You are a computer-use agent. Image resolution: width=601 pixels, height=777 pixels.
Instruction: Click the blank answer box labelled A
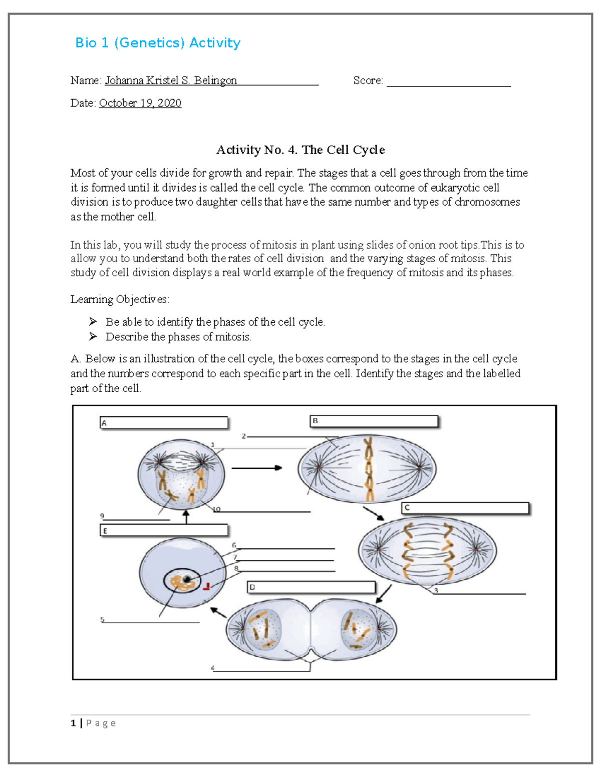click(164, 423)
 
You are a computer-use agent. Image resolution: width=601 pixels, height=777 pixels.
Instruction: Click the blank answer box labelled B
click(374, 421)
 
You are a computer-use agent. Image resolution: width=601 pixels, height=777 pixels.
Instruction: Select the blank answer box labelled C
click(465, 508)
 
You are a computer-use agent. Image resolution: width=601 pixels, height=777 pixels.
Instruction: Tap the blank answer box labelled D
click(311, 587)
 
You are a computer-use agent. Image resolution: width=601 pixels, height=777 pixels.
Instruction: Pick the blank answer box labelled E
click(164, 530)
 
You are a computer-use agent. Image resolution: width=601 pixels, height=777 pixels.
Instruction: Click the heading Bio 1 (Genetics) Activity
click(158, 43)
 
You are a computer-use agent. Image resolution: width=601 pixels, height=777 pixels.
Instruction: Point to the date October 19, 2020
click(140, 103)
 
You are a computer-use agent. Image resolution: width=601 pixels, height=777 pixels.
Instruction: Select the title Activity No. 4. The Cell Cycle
click(300, 150)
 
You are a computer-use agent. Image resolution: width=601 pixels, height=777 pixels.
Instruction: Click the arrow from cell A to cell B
click(256, 468)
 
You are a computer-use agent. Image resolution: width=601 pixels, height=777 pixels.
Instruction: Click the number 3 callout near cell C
click(436, 590)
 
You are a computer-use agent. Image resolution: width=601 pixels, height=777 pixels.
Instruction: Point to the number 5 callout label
click(102, 619)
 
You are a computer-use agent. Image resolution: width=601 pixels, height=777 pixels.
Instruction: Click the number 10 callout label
click(217, 509)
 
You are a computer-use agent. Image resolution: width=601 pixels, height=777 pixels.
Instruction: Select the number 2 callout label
click(244, 436)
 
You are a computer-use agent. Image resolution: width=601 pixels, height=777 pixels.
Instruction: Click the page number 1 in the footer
click(74, 723)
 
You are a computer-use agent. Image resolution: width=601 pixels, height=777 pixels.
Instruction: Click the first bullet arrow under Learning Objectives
click(93, 322)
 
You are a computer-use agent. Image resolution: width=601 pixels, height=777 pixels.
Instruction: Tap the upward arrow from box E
click(186, 516)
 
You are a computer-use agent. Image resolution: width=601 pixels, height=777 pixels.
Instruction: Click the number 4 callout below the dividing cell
click(213, 668)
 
